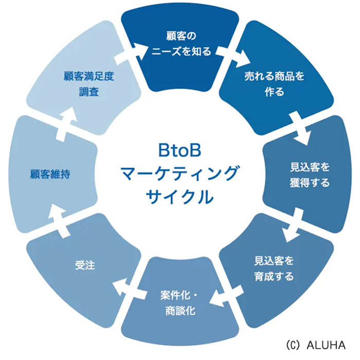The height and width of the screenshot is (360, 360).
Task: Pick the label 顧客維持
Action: [x=50, y=174]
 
